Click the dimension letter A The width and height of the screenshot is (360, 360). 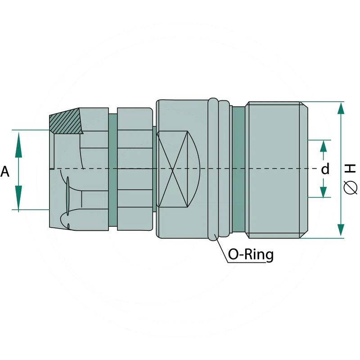click(x=5, y=172)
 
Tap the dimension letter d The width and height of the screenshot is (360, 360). click(x=325, y=169)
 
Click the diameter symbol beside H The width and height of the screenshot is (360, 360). click(x=351, y=188)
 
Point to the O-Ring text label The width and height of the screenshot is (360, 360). click(x=251, y=255)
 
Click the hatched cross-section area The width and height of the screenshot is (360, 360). click(x=66, y=121)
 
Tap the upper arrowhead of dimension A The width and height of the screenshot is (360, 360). click(x=18, y=144)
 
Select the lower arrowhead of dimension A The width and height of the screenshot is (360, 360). click(x=18, y=198)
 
